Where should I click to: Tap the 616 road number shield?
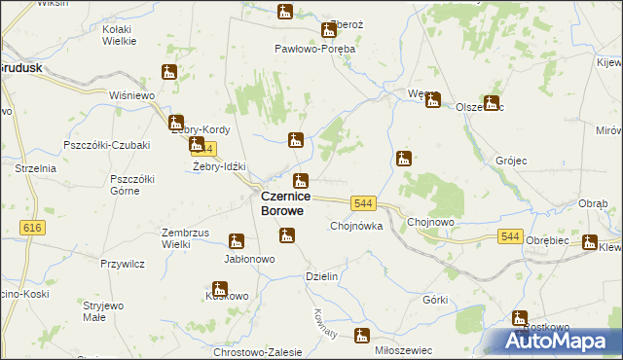(32, 227)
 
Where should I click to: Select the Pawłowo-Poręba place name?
(314, 48)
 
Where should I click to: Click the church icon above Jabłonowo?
(237, 241)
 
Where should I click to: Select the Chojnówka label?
(356, 226)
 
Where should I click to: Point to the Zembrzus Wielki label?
(188, 238)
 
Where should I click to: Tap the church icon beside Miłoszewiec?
(363, 336)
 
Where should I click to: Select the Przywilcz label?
(123, 263)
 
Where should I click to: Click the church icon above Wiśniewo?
(169, 72)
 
